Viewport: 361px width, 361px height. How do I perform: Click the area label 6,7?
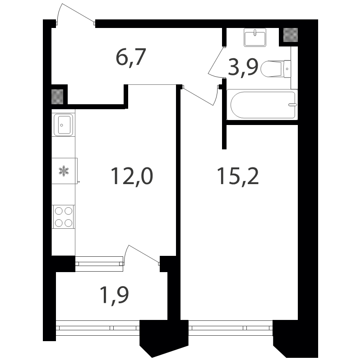(x=131, y=58)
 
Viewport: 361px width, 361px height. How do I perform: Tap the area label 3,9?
(x=243, y=67)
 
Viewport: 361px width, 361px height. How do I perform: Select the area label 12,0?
(x=132, y=176)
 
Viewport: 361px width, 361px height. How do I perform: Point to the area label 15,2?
(x=238, y=176)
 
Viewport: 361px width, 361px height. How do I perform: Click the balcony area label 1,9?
(x=114, y=295)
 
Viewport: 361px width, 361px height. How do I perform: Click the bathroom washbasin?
(x=255, y=37)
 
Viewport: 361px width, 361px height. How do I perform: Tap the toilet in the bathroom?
(x=276, y=69)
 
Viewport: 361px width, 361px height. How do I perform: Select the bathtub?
(x=262, y=105)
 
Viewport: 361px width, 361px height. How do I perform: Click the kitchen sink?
(x=63, y=125)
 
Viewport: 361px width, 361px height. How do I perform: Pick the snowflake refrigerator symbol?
(x=64, y=171)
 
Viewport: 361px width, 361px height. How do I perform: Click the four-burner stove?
(x=64, y=217)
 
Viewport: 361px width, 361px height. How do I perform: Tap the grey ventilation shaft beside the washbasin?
(x=291, y=35)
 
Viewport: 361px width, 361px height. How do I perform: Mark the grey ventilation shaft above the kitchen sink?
(x=57, y=97)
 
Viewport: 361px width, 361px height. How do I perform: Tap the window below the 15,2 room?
(x=231, y=328)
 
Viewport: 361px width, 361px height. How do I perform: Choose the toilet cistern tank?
(x=287, y=69)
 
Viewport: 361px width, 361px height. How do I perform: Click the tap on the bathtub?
(x=292, y=105)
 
